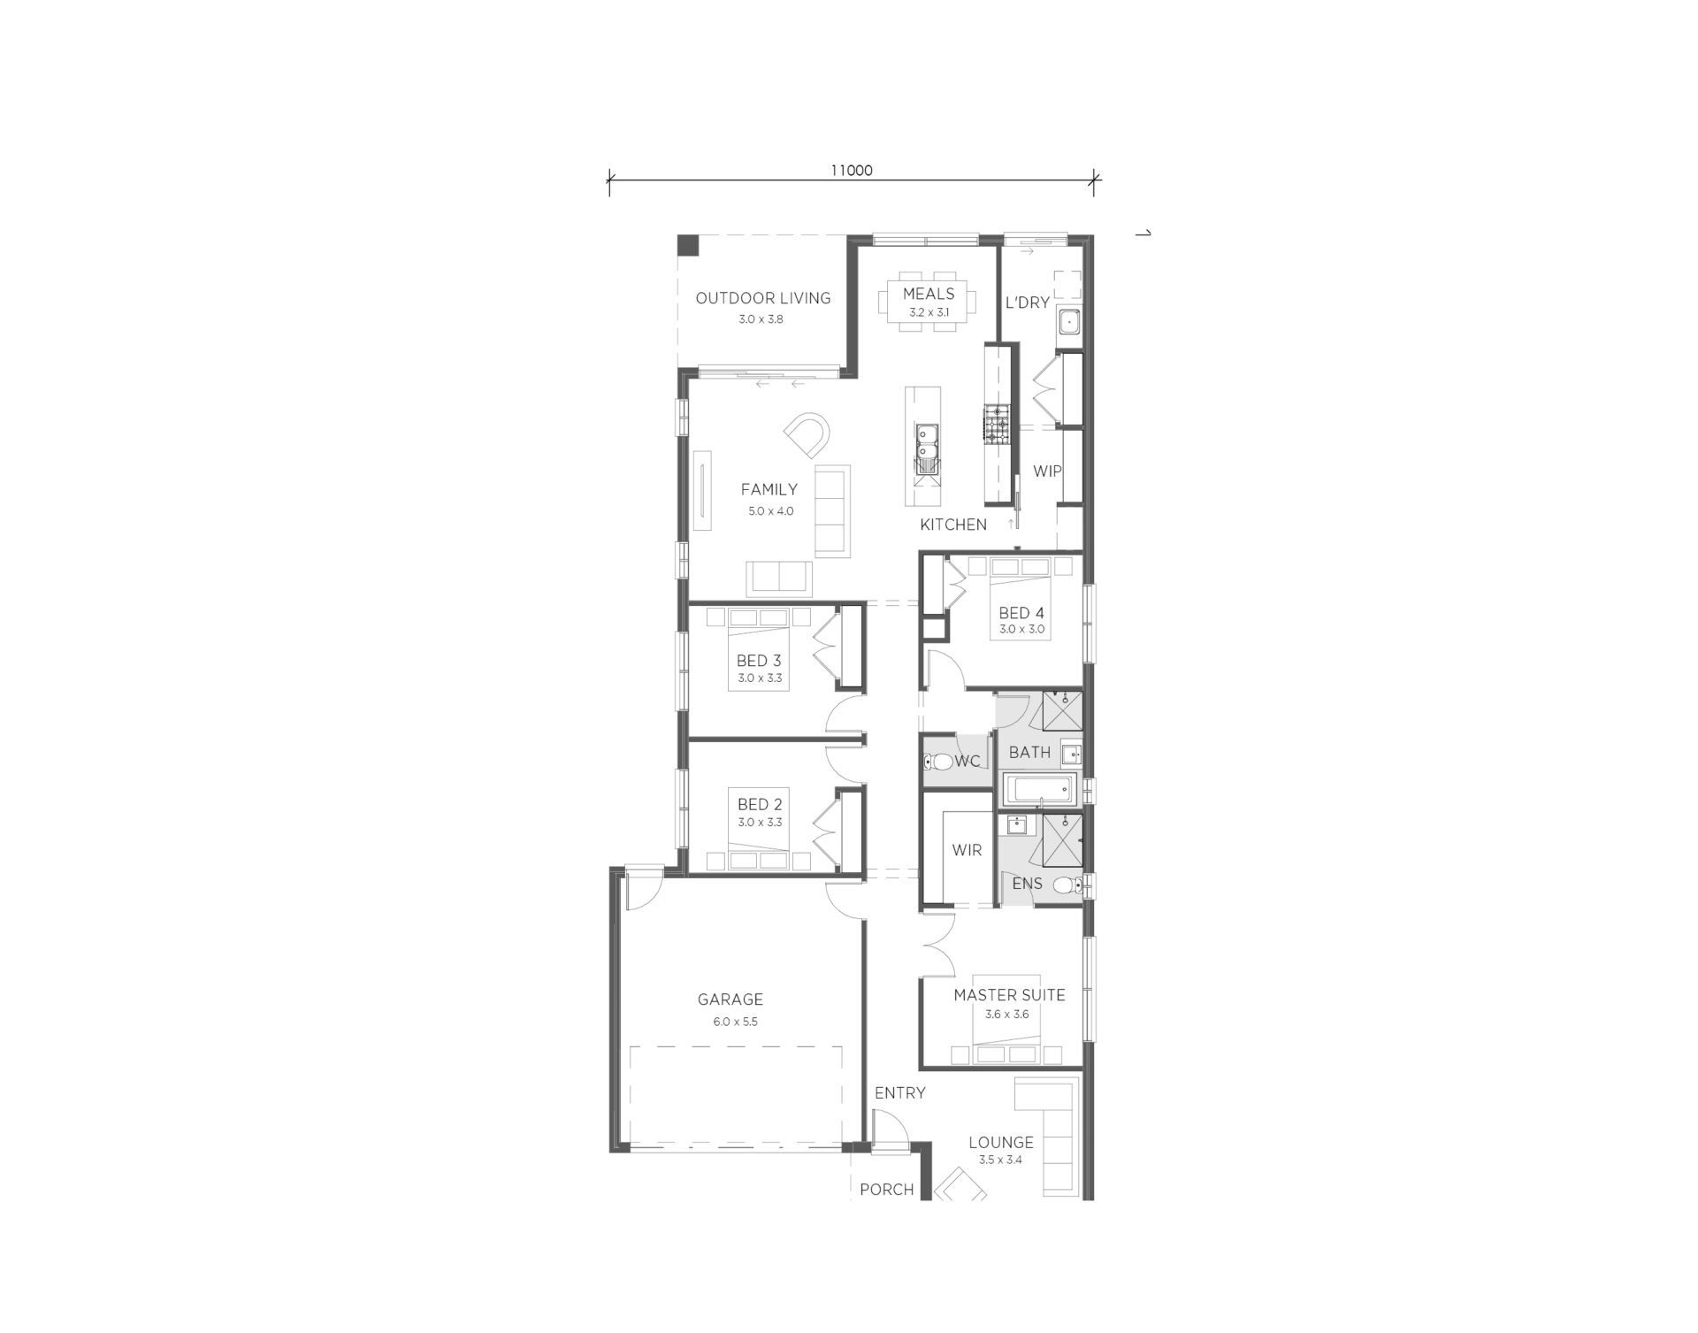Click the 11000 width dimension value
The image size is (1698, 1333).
click(851, 171)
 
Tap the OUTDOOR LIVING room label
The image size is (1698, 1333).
click(763, 298)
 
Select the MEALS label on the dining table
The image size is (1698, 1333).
click(929, 294)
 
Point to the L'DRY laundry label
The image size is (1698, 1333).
click(1028, 303)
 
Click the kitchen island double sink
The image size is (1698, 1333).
click(927, 446)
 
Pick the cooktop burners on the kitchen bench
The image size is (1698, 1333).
click(998, 423)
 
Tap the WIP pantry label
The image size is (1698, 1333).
click(1047, 471)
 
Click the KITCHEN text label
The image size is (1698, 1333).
click(953, 525)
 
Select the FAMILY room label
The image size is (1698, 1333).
click(769, 489)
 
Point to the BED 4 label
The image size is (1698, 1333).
click(1021, 613)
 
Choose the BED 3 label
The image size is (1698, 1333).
click(759, 661)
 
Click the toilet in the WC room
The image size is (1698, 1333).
click(937, 762)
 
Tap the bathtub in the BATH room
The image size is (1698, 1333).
click(1040, 788)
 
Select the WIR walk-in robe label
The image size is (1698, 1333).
click(967, 850)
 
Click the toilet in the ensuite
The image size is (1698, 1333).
click(1067, 884)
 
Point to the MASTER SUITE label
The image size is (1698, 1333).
click(1009, 995)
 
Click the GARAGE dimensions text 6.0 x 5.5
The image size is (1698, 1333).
click(736, 1022)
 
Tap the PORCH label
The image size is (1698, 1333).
click(887, 1190)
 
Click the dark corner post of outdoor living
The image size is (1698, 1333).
click(689, 246)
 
